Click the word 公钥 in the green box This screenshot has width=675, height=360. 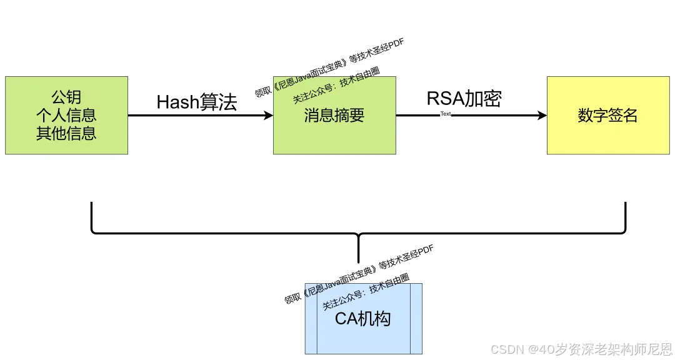click(x=66, y=97)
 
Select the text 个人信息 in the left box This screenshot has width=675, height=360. click(x=66, y=115)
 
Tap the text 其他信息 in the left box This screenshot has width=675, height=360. click(x=66, y=133)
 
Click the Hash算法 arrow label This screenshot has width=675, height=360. click(x=197, y=102)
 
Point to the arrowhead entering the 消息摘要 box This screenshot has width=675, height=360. click(x=269, y=116)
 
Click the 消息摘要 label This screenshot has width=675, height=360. click(x=334, y=116)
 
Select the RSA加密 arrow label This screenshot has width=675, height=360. click(x=464, y=99)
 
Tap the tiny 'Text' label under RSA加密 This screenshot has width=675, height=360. click(x=446, y=114)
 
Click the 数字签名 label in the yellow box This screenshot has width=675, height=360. click(x=607, y=116)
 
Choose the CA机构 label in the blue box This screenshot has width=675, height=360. click(x=363, y=319)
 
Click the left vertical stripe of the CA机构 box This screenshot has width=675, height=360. click(x=311, y=319)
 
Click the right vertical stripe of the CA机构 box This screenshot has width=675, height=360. click(x=416, y=319)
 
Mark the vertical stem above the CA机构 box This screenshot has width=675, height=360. click(x=359, y=250)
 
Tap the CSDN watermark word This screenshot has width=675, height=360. click(x=507, y=349)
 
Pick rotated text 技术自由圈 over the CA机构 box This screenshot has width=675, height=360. click(x=389, y=284)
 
